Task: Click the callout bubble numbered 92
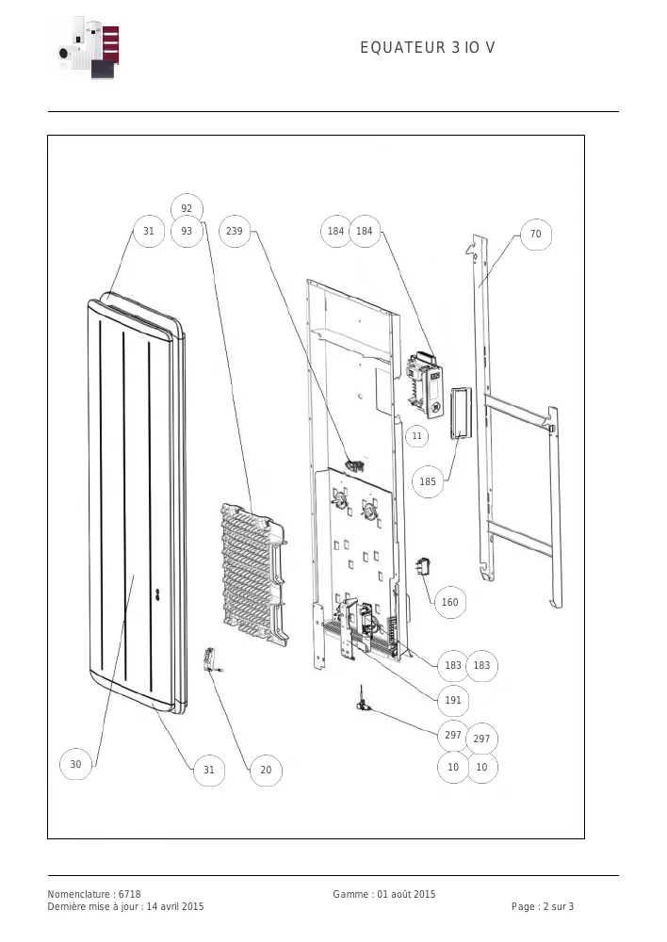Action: [187, 208]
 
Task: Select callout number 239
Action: [235, 231]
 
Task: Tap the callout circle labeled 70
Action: [535, 234]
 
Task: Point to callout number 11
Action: [417, 435]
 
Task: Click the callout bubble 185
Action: [428, 481]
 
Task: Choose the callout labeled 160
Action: [450, 602]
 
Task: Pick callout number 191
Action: [453, 700]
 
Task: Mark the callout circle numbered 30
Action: [75, 764]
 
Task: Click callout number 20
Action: [267, 770]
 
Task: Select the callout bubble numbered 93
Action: [187, 231]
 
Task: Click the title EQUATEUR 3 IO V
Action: [428, 47]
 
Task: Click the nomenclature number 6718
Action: [129, 894]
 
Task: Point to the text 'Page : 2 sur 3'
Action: [543, 906]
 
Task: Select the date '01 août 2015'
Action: [406, 894]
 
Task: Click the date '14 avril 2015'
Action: [175, 906]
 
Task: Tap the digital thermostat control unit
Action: [426, 384]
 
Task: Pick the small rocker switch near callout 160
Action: [423, 566]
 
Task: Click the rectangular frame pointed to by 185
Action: [461, 414]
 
